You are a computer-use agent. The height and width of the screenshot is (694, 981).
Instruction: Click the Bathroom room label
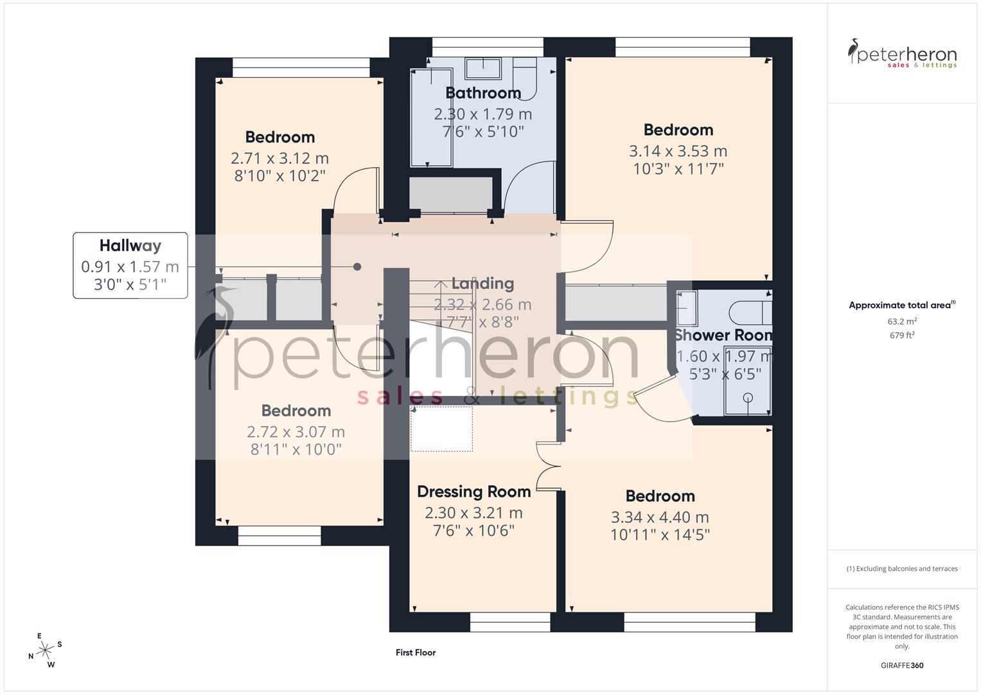482,93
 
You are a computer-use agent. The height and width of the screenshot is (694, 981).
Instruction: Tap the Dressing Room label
473,492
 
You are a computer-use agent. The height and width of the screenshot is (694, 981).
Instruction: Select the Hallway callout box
130,265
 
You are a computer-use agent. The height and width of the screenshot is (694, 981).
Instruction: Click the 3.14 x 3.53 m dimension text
678,152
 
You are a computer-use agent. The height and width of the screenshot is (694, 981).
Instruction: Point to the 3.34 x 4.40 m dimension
660,517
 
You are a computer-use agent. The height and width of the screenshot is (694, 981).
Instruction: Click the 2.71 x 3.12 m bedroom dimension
279,159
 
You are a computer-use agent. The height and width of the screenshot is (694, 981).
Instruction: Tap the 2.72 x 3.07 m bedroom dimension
296,432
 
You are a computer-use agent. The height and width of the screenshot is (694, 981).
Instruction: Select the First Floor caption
416,652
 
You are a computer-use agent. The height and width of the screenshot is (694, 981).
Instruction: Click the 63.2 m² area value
902,321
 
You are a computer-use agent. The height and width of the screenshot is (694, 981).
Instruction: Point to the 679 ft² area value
902,335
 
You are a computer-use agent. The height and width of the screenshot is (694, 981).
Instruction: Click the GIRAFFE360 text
902,665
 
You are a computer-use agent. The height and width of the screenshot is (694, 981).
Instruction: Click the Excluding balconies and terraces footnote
902,569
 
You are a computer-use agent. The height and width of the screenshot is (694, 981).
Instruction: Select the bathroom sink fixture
483,68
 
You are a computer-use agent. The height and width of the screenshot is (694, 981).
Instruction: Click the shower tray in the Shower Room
747,380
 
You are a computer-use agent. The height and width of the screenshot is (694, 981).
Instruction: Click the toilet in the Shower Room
748,313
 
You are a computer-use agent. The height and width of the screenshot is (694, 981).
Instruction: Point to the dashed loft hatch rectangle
441,429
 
